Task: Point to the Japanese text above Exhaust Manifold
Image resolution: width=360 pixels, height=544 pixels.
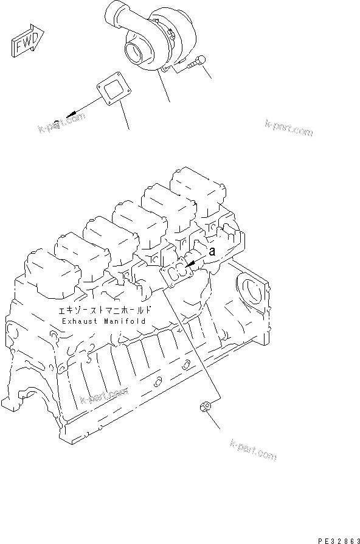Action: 103,310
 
